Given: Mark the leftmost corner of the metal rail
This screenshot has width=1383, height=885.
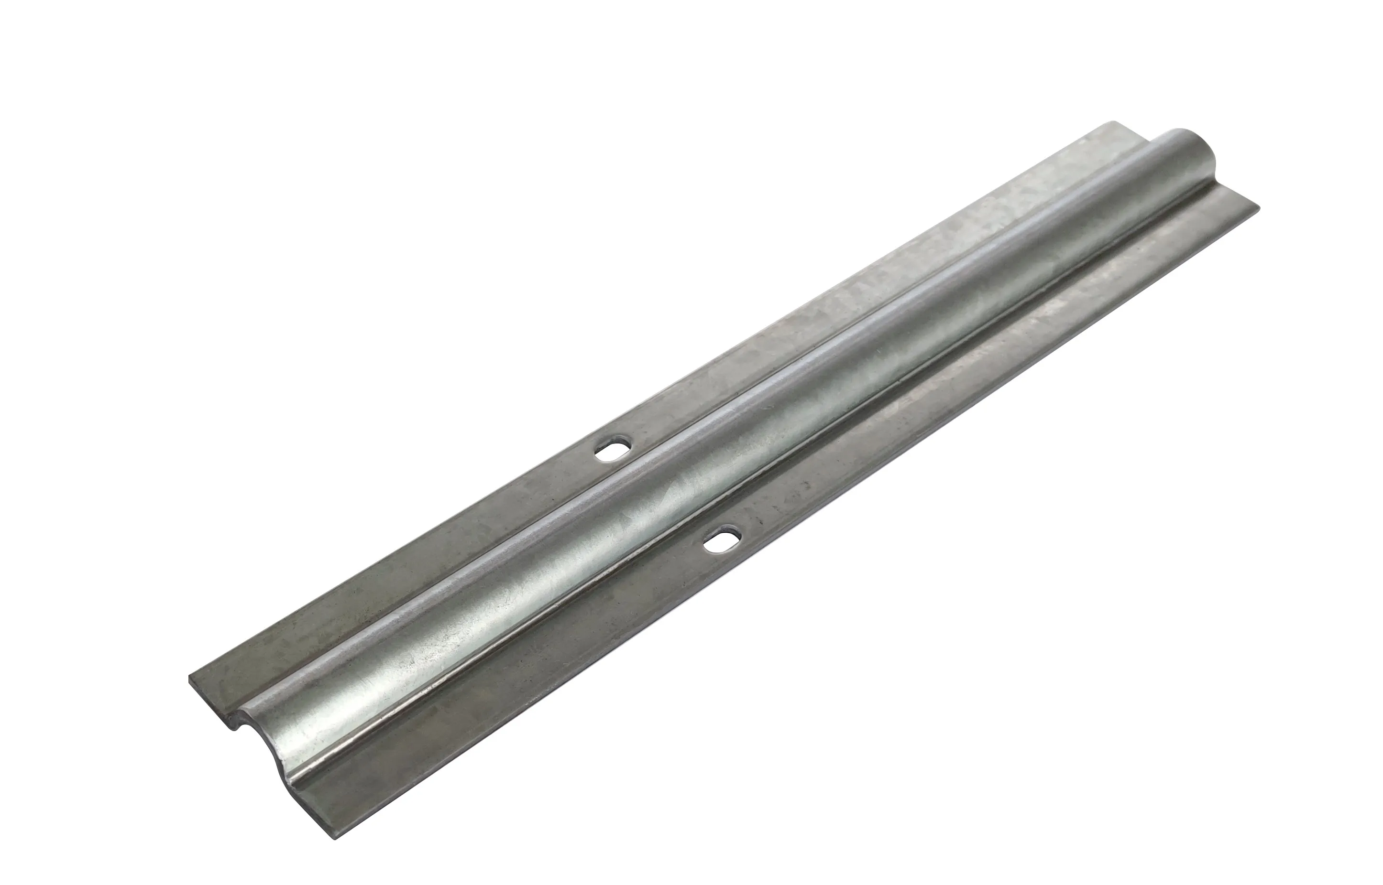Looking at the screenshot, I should click(190, 679).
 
